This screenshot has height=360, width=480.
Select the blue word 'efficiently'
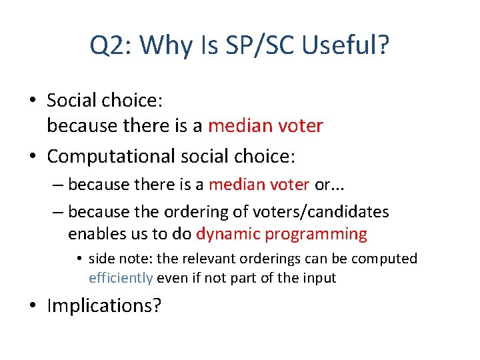121,278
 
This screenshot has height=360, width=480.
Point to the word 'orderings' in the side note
272,259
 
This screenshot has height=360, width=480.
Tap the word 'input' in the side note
319,278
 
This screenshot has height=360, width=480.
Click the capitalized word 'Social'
71,101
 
